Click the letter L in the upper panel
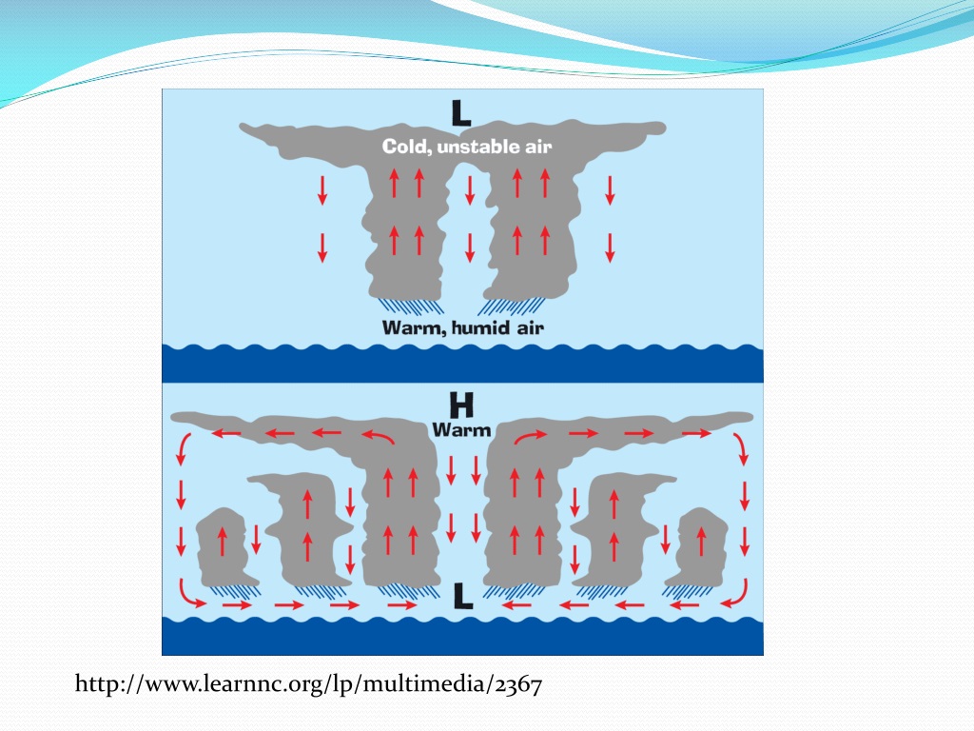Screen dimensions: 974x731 coord(461,114)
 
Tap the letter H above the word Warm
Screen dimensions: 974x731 coord(461,405)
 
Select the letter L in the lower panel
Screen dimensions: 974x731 coord(462,597)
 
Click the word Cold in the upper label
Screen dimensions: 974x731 coord(406,147)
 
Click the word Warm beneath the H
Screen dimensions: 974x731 coord(461,429)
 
